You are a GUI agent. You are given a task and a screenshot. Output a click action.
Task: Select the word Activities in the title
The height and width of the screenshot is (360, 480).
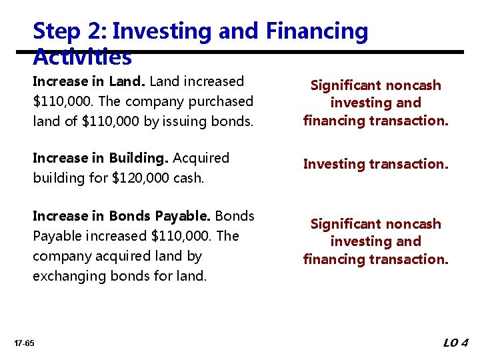82,59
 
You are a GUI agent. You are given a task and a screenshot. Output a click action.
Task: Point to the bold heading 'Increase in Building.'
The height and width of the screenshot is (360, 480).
101,158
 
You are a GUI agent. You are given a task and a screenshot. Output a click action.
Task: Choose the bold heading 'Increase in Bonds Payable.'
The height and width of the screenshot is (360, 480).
121,216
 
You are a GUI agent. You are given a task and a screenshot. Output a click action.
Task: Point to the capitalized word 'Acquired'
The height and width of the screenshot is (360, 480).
201,158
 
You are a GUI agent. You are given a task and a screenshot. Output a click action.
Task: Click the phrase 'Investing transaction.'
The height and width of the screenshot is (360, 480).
375,164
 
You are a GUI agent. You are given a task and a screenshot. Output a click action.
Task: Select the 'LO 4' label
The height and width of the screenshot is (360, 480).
456,343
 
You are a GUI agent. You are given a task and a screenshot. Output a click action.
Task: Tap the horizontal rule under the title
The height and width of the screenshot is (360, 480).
267,51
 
